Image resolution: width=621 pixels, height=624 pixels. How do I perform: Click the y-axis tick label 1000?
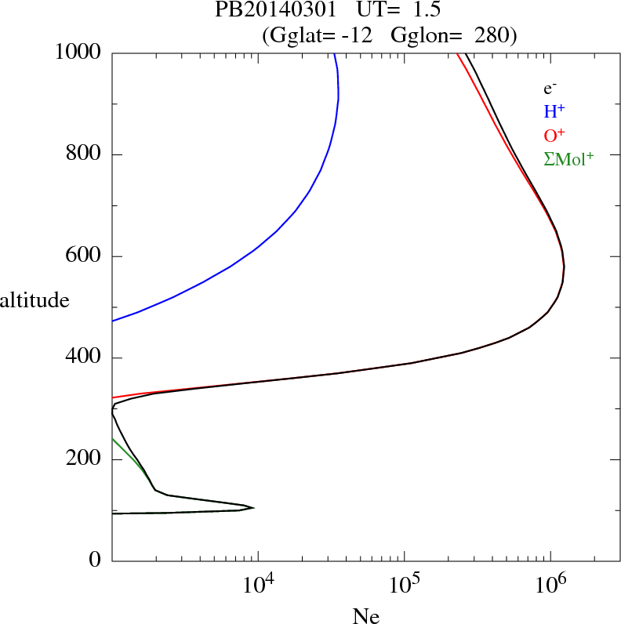(x=78, y=53)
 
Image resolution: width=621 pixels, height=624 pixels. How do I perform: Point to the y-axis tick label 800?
(x=85, y=154)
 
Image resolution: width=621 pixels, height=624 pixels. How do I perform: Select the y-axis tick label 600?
(x=85, y=256)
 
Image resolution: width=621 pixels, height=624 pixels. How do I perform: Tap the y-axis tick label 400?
(x=85, y=358)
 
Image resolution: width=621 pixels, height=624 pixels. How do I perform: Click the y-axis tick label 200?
(x=85, y=459)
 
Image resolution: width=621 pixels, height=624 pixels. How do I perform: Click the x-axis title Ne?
(x=365, y=616)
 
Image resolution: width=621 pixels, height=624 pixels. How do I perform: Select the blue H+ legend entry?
(x=554, y=112)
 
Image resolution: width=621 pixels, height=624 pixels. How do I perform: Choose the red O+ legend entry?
(x=555, y=136)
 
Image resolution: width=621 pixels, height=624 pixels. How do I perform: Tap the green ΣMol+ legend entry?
(x=568, y=159)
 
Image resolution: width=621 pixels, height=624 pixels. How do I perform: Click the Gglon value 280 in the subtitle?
(x=493, y=35)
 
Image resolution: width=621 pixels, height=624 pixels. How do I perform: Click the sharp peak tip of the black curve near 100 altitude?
(x=253, y=507)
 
